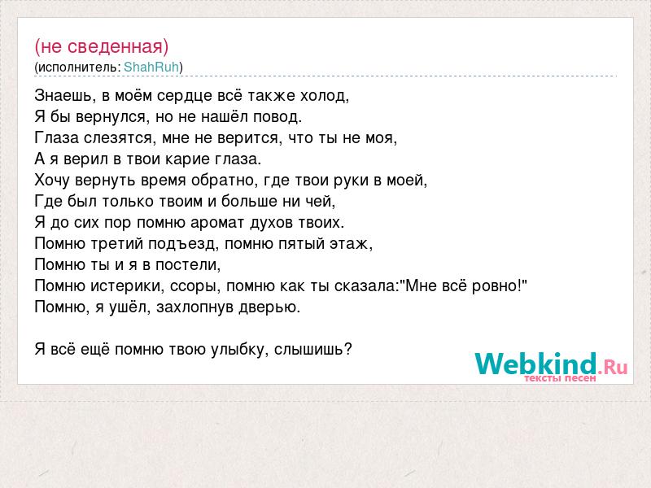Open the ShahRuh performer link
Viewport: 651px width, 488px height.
tap(151, 67)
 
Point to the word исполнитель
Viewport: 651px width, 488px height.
tap(77, 68)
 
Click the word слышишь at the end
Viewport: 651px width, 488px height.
tap(309, 350)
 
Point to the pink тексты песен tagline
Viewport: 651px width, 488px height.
tap(560, 378)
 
